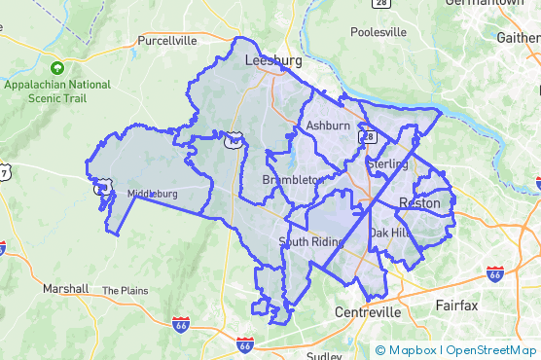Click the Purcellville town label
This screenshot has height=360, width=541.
pyautogui.click(x=167, y=41)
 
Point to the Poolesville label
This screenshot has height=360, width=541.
pyautogui.click(x=379, y=32)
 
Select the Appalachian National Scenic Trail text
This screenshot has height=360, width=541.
pyautogui.click(x=57, y=91)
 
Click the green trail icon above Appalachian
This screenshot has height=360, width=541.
pyautogui.click(x=57, y=68)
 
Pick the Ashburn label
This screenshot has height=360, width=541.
pyautogui.click(x=327, y=126)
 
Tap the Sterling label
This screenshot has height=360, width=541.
pyautogui.click(x=388, y=164)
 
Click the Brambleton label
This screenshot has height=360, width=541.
pyautogui.click(x=293, y=181)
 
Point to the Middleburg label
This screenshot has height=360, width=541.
pyautogui.click(x=153, y=194)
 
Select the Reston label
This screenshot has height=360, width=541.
pyautogui.click(x=419, y=203)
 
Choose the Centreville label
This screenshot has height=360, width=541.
pyautogui.click(x=367, y=312)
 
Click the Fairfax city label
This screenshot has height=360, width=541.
pyautogui.click(x=456, y=306)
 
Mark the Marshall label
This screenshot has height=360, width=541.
pyautogui.click(x=66, y=289)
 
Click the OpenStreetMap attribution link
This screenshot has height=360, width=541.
pyautogui.click(x=491, y=350)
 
